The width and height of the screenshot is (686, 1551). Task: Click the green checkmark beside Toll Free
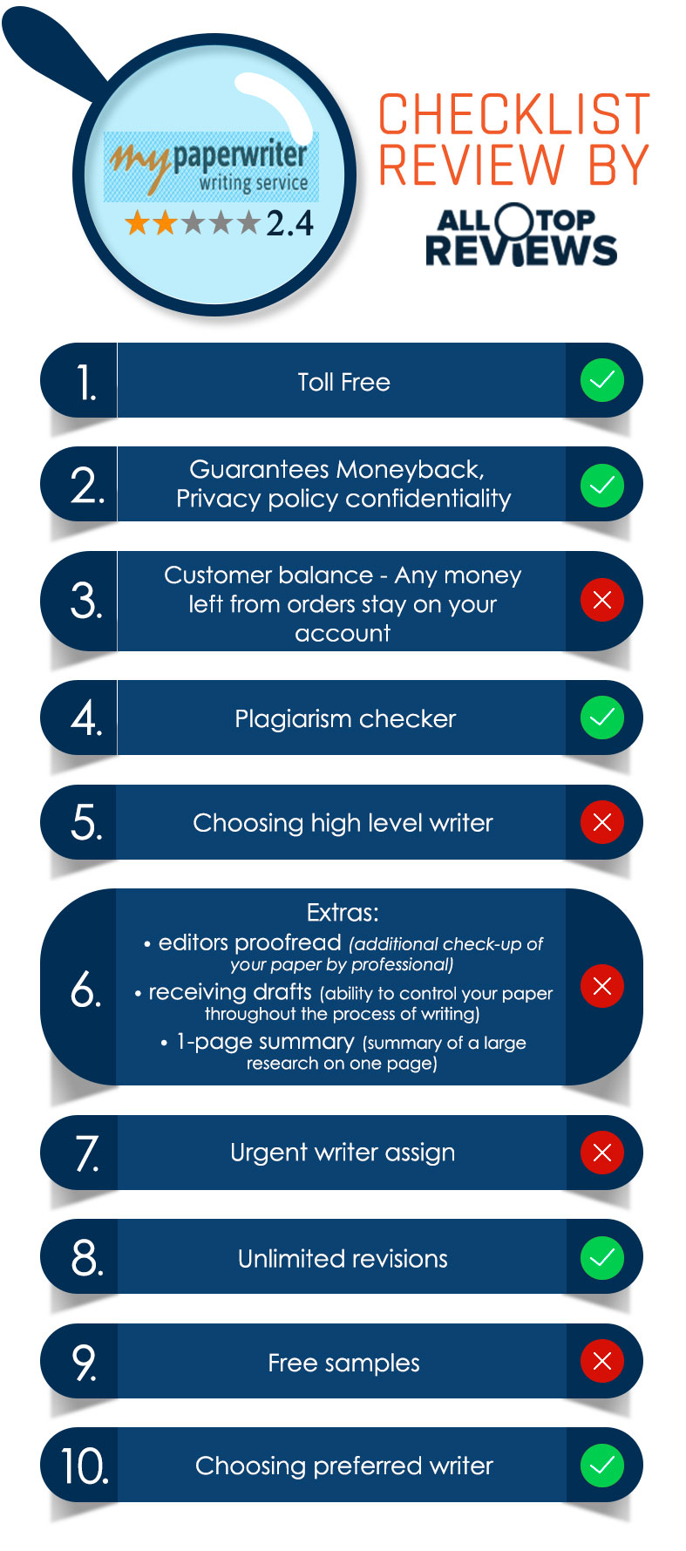tap(602, 380)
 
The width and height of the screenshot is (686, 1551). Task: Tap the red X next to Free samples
tap(602, 1361)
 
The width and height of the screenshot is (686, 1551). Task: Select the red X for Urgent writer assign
tap(602, 1153)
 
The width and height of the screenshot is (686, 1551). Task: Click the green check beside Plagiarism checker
tap(602, 718)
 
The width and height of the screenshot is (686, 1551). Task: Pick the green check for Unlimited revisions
tap(602, 1257)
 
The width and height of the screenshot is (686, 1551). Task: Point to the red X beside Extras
tap(602, 986)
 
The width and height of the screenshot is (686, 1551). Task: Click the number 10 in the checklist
tap(85, 1466)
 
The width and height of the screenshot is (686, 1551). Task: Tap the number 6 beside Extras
tap(85, 989)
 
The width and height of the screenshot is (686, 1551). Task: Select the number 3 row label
tap(85, 602)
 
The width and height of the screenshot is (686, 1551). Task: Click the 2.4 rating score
tap(289, 224)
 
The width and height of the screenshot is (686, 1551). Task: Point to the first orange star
tap(138, 223)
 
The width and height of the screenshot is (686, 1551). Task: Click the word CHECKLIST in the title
tap(514, 115)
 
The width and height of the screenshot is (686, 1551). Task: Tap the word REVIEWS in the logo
tap(521, 250)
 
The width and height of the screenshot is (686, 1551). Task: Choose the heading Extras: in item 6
tap(343, 913)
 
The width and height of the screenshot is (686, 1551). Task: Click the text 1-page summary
tap(265, 1042)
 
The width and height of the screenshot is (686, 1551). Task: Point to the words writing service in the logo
tap(254, 183)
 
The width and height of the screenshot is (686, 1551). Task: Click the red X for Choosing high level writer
tap(602, 822)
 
